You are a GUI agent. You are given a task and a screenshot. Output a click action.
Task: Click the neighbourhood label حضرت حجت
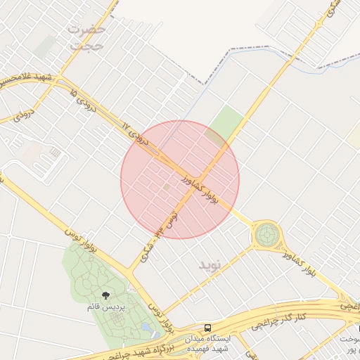click(x=87, y=37)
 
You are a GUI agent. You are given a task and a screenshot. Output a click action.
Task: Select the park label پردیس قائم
click(x=105, y=308)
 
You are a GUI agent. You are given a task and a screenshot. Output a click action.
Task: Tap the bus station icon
click(x=207, y=328)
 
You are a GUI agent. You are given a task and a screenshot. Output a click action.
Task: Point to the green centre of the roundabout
click(x=267, y=235)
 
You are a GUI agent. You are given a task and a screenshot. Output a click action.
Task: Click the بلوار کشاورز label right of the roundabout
click(x=303, y=265)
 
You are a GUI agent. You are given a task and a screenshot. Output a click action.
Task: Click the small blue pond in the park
click(x=146, y=327)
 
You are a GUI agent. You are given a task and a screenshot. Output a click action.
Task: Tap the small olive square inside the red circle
click(x=167, y=188)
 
